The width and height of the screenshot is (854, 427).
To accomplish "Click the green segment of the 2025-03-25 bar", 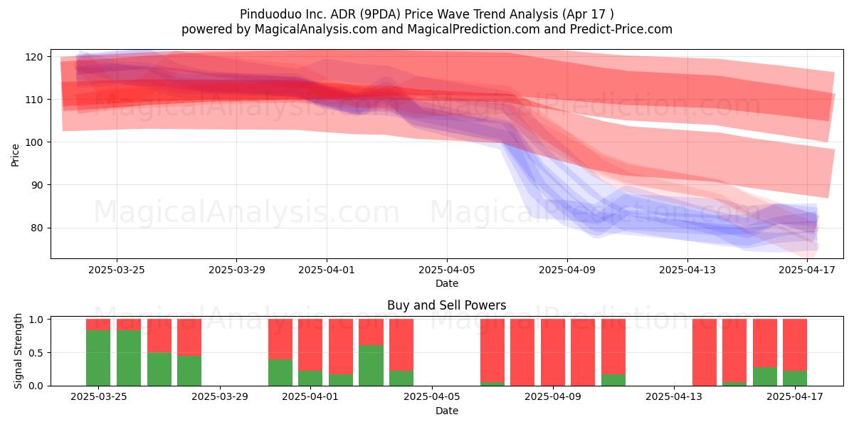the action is tap(98, 357).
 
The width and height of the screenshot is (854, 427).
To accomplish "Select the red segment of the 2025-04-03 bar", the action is tap(371, 332).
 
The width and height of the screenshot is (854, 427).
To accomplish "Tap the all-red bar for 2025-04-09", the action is tap(553, 352).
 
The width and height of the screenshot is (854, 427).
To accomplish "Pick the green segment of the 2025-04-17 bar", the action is tap(795, 378).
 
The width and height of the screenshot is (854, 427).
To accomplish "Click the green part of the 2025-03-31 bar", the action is tap(280, 372).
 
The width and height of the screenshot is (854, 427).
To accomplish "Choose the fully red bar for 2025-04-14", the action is tap(705, 352).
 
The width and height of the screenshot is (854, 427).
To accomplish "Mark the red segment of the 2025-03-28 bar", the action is tap(189, 337).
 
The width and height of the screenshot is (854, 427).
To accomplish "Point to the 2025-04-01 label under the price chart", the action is tap(327, 270).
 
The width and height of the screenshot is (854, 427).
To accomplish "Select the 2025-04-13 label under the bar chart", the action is tap(674, 397).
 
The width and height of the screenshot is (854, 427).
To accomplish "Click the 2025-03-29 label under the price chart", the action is tap(236, 270).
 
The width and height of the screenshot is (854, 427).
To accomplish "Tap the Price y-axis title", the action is tap(15, 155).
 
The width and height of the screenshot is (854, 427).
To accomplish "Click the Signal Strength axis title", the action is tap(18, 351).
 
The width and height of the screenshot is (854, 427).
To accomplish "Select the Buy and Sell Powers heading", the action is tap(446, 305).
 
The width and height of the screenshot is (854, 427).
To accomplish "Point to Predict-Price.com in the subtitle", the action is tap(621, 29).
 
